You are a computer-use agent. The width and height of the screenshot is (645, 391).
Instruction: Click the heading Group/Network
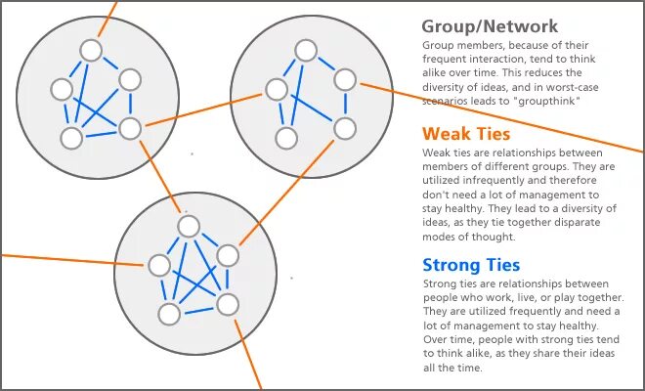490,26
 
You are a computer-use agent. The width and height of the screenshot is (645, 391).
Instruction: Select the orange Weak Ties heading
466,134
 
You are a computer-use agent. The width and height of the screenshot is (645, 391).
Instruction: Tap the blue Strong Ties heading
471,264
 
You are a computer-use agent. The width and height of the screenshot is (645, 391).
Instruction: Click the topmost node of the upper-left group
92,50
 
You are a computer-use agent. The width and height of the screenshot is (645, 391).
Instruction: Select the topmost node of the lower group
188,226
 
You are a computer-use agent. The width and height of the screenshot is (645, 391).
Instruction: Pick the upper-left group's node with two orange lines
130,127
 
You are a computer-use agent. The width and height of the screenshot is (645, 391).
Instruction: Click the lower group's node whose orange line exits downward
227,303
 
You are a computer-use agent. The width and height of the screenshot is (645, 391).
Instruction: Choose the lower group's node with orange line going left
158,264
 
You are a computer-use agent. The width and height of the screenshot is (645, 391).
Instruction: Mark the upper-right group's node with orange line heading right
344,80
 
